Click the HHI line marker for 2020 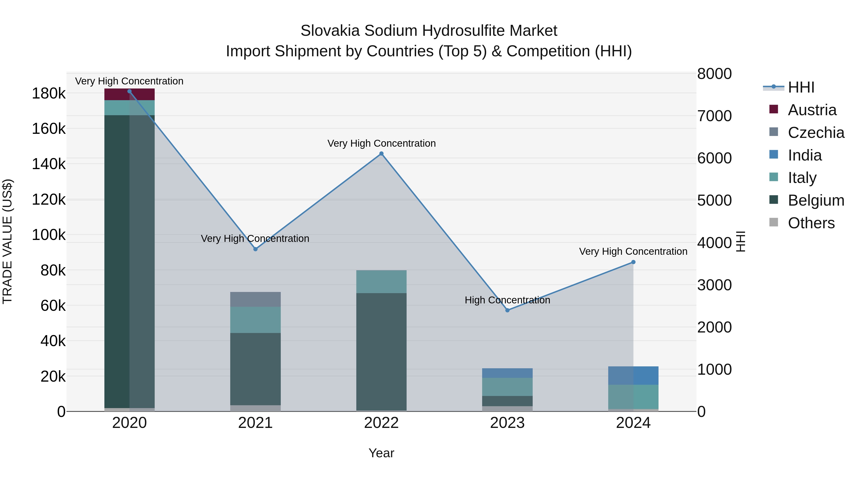pos(130,91)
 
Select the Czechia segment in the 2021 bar pos(255,299)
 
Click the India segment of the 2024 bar pos(633,376)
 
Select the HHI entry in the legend pos(801,87)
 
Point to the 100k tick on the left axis pos(49,235)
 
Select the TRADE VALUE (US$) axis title pos(8,241)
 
